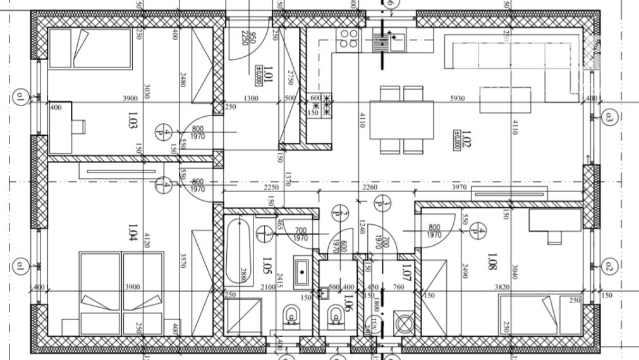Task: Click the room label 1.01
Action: [x=267, y=75]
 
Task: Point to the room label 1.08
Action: [x=492, y=261]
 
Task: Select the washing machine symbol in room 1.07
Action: [x=403, y=323]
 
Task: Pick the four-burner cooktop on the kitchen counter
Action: [x=348, y=40]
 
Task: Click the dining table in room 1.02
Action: [x=407, y=120]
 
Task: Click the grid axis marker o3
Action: [x=609, y=117]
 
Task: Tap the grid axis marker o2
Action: [x=609, y=265]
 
